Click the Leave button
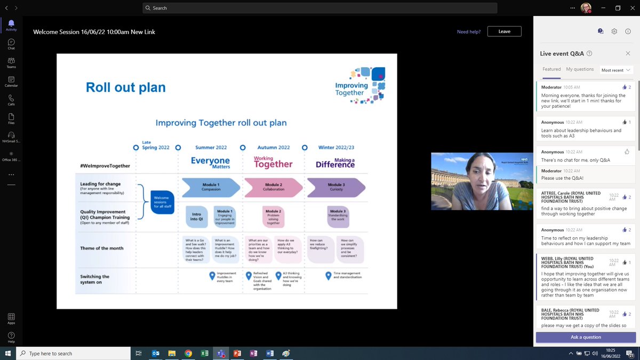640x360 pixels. pos(504,31)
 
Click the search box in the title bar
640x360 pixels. pos(320,8)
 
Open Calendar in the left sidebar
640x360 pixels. pos(11,82)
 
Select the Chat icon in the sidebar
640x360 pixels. pos(11,44)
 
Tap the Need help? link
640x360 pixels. pos(468,32)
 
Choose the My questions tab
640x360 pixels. pos(580,69)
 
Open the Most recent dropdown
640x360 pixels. pos(616,70)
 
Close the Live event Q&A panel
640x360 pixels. pos(628,53)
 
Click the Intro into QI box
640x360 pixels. pos(196,216)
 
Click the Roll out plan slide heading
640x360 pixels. pos(126,87)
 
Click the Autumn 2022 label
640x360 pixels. pos(273,147)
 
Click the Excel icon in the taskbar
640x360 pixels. pos(204,353)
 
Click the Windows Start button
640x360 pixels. pos(8,353)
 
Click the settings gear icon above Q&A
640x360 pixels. pos(614,31)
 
